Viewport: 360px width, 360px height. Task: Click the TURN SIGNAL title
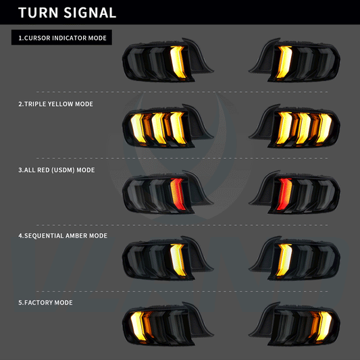click(x=67, y=13)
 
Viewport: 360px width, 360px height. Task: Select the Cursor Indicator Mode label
click(x=62, y=38)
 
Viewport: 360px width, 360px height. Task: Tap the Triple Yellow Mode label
click(x=55, y=104)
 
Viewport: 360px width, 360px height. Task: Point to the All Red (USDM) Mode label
click(x=56, y=170)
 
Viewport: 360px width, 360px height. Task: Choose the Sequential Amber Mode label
click(x=63, y=236)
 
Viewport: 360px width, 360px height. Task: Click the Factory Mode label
click(x=45, y=302)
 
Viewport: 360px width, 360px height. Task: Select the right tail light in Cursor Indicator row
click(x=295, y=61)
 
